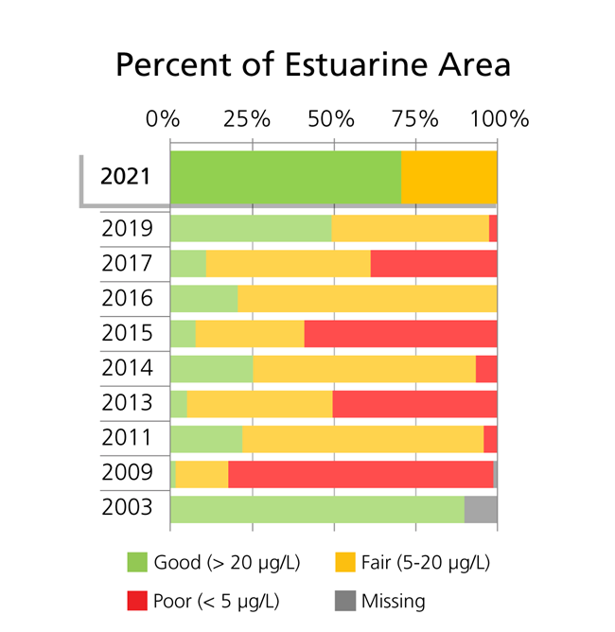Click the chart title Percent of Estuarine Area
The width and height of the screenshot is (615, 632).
pyautogui.click(x=312, y=65)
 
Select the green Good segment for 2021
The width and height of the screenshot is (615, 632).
pyautogui.click(x=285, y=177)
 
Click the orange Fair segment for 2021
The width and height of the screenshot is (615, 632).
pyautogui.click(x=448, y=177)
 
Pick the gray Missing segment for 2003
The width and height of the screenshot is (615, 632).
pyautogui.click(x=481, y=508)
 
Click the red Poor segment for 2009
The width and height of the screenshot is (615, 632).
pyautogui.click(x=360, y=474)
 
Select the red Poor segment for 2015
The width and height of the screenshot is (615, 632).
pyautogui.click(x=400, y=334)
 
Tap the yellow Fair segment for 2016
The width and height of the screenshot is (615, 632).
pyautogui.click(x=367, y=299)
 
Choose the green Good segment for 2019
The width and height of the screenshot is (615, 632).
pyautogui.click(x=251, y=229)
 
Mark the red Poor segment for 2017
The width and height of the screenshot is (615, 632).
pyautogui.click(x=433, y=264)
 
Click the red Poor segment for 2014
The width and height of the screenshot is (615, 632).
pyautogui.click(x=486, y=369)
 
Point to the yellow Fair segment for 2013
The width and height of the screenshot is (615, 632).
pyautogui.click(x=259, y=404)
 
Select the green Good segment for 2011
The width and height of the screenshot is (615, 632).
pyautogui.click(x=206, y=439)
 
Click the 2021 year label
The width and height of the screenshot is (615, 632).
pyautogui.click(x=125, y=177)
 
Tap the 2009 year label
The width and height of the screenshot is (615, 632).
pyautogui.click(x=127, y=472)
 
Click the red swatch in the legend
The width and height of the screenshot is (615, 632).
pyautogui.click(x=138, y=601)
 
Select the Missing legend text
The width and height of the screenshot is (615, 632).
pyautogui.click(x=393, y=601)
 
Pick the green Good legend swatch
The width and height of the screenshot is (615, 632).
pyautogui.click(x=138, y=563)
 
